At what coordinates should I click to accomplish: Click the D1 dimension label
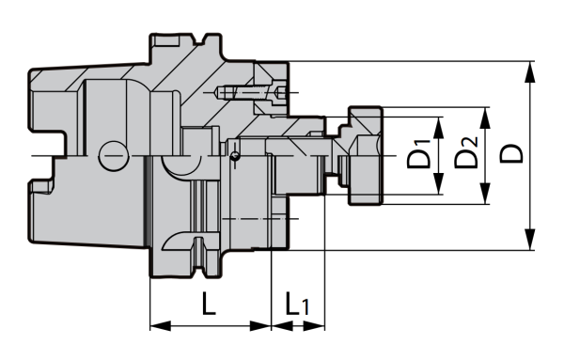[x=419, y=156]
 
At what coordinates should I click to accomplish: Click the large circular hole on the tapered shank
[x=113, y=152]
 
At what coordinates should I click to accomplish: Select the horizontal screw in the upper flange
[x=249, y=93]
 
